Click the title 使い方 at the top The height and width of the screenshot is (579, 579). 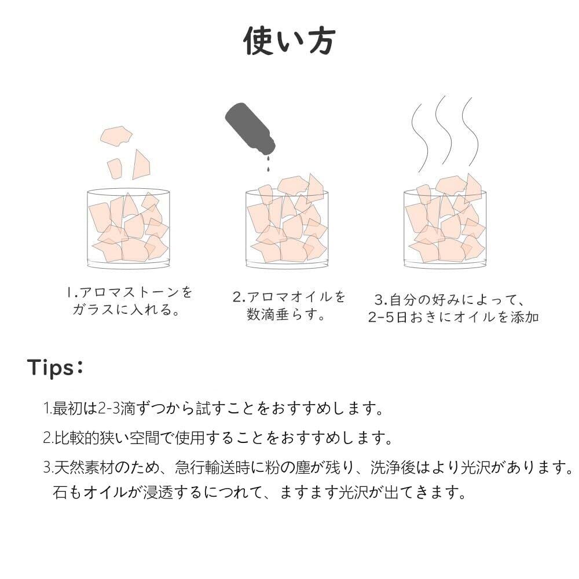[289, 41]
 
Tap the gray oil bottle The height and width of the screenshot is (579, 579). [250, 128]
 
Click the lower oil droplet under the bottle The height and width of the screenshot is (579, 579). [268, 169]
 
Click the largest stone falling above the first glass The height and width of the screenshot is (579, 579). [116, 136]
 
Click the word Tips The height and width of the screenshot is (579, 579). [50, 368]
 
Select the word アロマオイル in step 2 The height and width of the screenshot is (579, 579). [289, 297]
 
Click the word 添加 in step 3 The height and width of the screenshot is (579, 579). [525, 317]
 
